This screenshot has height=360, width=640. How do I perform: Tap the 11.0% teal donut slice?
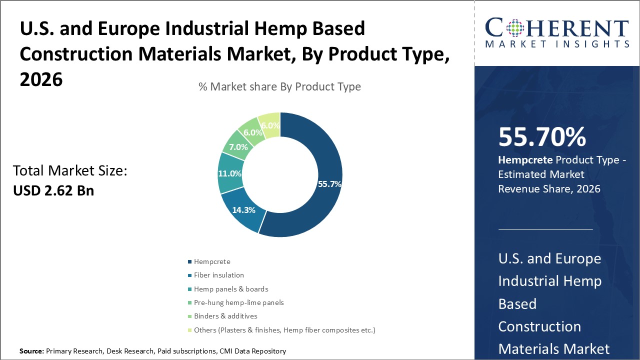pyautogui.click(x=230, y=173)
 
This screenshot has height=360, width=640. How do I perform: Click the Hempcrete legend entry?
pyautogui.click(x=212, y=261)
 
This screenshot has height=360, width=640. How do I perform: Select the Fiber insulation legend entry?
pyautogui.click(x=218, y=275)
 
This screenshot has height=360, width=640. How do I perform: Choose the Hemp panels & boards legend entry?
pyautogui.click(x=231, y=289)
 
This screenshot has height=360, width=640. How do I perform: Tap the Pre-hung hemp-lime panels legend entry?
pyautogui.click(x=238, y=302)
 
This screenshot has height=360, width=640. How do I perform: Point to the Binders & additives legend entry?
pyautogui.click(x=225, y=316)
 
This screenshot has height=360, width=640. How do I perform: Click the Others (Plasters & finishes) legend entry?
pyautogui.click(x=284, y=330)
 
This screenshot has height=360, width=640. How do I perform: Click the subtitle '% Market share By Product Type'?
pyautogui.click(x=279, y=86)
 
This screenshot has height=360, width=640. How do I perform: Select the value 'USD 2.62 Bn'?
pyautogui.click(x=53, y=190)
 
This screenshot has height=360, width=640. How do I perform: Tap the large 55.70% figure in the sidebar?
pyautogui.click(x=542, y=137)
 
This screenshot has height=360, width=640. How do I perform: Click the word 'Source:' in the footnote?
pyautogui.click(x=31, y=351)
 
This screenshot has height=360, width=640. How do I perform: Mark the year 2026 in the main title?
pyautogui.click(x=41, y=79)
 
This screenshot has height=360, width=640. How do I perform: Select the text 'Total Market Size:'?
pyautogui.click(x=70, y=171)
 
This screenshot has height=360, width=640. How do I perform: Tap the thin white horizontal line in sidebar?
pyautogui.click(x=545, y=229)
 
